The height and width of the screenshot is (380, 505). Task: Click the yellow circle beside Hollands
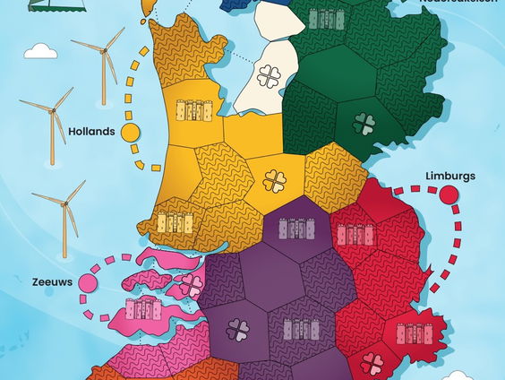pos(131,133)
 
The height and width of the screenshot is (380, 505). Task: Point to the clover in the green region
pos(364,123)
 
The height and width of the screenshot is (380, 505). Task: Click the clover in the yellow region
pos(275,181)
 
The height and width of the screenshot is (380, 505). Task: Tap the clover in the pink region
pos(191,285)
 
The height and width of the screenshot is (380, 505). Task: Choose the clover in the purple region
pos(237,330)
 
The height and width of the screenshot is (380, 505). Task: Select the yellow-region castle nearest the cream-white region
pos(193,110)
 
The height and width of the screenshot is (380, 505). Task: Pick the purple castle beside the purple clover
pos(301,328)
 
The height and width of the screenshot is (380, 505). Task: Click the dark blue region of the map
pos(238,4)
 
